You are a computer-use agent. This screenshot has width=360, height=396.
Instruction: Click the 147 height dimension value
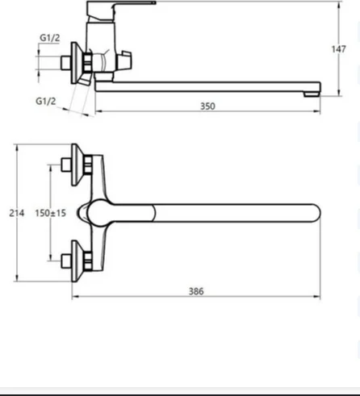338,49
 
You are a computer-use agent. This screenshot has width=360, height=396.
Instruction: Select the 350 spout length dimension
207,106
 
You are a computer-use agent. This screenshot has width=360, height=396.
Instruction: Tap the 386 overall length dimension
196,291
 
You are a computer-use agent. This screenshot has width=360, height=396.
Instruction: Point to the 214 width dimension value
17,213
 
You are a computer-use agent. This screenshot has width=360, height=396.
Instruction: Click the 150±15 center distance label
51,213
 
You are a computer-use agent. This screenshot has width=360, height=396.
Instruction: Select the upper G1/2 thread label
50,38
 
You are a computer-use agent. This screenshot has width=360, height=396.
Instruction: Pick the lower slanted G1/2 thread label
46,101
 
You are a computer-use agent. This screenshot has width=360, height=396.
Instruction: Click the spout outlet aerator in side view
312,94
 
